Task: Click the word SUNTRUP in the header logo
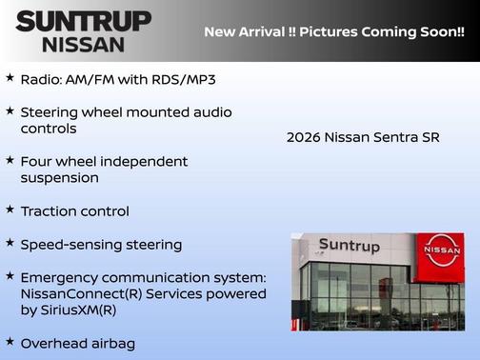pyautogui.click(x=84, y=21)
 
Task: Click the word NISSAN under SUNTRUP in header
pyautogui.click(x=84, y=44)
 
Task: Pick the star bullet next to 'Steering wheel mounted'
pyautogui.click(x=10, y=110)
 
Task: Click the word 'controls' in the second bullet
pyautogui.click(x=49, y=129)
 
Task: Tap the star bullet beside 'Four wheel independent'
pyautogui.click(x=10, y=160)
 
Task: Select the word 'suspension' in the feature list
pyautogui.click(x=59, y=178)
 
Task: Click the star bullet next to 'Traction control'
pyautogui.click(x=10, y=210)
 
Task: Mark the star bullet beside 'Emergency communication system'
pyautogui.click(x=10, y=276)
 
